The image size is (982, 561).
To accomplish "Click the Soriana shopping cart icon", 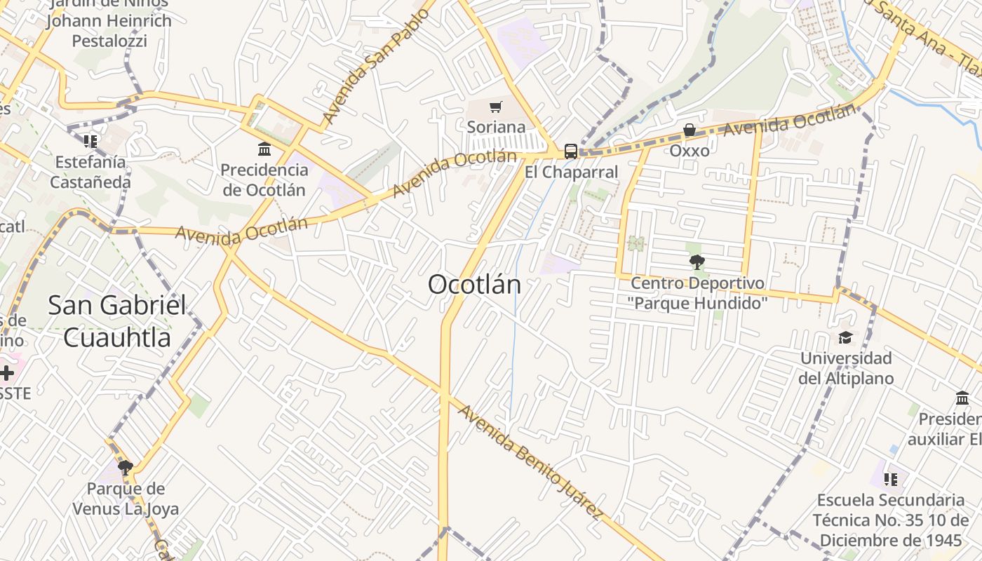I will coord(496,107).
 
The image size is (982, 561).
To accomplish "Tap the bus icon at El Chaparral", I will coord(571,151).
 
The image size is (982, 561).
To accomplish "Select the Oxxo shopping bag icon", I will coord(690,130).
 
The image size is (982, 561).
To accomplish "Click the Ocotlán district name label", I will coord(475,285).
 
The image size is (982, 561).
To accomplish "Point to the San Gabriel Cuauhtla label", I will coord(117,321).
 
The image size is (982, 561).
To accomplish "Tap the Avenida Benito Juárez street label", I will coord(530,462).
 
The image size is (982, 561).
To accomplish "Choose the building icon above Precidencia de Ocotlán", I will coord(264,149).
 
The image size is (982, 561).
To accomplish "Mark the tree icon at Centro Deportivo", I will coord(697,263).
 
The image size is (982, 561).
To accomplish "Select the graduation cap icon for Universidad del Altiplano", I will coord(845,337).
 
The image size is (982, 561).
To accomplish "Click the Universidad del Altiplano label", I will coord(847,368).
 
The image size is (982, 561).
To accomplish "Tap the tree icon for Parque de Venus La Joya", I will coord(126,468).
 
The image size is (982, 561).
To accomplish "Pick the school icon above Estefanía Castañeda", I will coord(90,142).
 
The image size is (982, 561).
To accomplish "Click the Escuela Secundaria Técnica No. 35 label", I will coord(891,520).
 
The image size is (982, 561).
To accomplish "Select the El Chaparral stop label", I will coord(572,173).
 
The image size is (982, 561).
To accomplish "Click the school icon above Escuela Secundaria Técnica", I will coord(891,480).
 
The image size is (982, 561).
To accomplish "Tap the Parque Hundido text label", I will coord(697,304).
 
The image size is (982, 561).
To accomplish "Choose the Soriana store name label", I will coord(497,127).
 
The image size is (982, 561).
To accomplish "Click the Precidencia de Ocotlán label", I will coord(264,180).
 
